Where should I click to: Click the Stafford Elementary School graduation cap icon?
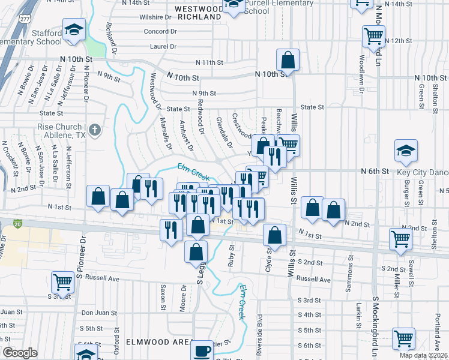[74, 30]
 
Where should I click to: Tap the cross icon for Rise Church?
[95, 130]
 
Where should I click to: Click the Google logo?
[20, 353]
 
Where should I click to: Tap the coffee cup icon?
[202, 350]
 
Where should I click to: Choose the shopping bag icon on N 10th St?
[288, 60]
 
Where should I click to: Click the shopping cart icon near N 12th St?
[373, 36]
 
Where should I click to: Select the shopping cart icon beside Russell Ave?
[62, 282]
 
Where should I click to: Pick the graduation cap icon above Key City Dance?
[406, 151]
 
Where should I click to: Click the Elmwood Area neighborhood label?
[150, 341]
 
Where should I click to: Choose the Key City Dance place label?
[422, 172]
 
